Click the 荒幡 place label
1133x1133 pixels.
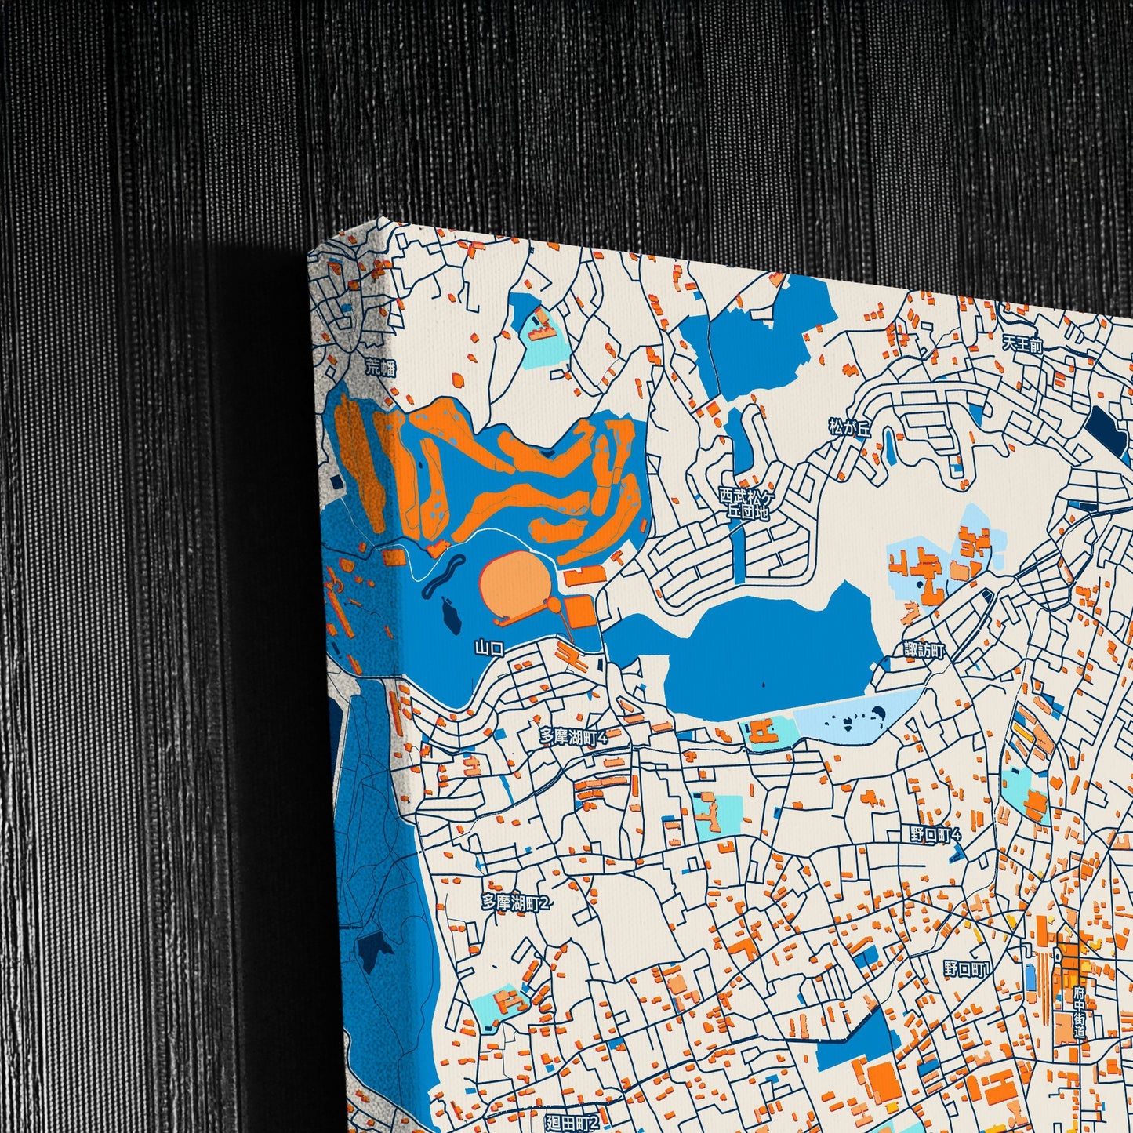point(381,366)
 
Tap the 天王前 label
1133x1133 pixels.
point(1022,343)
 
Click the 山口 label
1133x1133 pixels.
point(488,648)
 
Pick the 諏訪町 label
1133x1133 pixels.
point(924,650)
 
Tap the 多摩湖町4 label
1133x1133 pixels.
point(573,736)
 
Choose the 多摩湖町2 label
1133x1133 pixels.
point(516,902)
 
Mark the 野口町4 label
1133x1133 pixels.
point(935,834)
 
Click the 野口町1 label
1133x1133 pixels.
point(966,970)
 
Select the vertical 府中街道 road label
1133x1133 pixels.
point(1080,1012)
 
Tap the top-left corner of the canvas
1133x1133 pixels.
point(310,254)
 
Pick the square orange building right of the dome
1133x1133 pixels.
point(581,612)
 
